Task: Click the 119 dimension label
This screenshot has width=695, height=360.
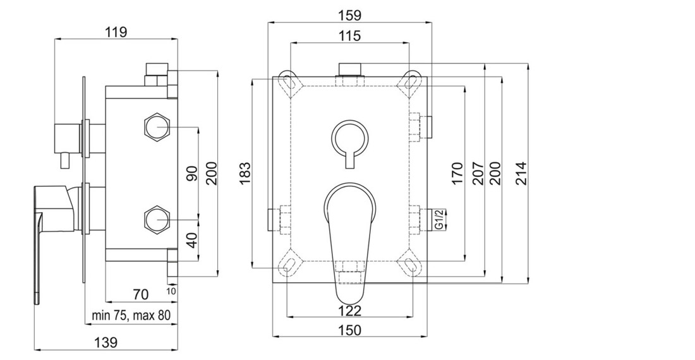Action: pyautogui.click(x=116, y=32)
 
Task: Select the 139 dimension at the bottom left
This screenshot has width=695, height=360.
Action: pyautogui.click(x=106, y=342)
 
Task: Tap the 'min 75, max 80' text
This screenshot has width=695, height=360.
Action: pyautogui.click(x=131, y=316)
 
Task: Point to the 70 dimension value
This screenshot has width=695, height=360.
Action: pyautogui.click(x=140, y=294)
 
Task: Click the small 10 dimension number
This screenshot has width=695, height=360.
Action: pyautogui.click(x=171, y=291)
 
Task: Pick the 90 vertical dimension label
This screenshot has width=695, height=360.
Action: pyautogui.click(x=192, y=173)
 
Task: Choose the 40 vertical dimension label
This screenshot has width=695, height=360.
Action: pyautogui.click(x=192, y=241)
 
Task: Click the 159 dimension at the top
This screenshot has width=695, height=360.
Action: pyautogui.click(x=350, y=15)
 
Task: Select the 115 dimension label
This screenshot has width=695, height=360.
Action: pyautogui.click(x=350, y=35)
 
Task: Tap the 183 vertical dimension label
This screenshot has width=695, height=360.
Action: pyautogui.click(x=245, y=174)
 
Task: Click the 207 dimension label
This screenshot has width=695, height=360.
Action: pyautogui.click(x=478, y=173)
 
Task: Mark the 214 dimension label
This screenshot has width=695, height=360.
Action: pyautogui.click(x=521, y=173)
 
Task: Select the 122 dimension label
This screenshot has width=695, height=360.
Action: pyautogui.click(x=350, y=310)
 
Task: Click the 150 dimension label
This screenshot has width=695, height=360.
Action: pyautogui.click(x=350, y=330)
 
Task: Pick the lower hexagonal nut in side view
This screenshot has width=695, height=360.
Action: pyautogui.click(x=157, y=219)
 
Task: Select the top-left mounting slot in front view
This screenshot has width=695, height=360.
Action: pyautogui.click(x=289, y=81)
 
